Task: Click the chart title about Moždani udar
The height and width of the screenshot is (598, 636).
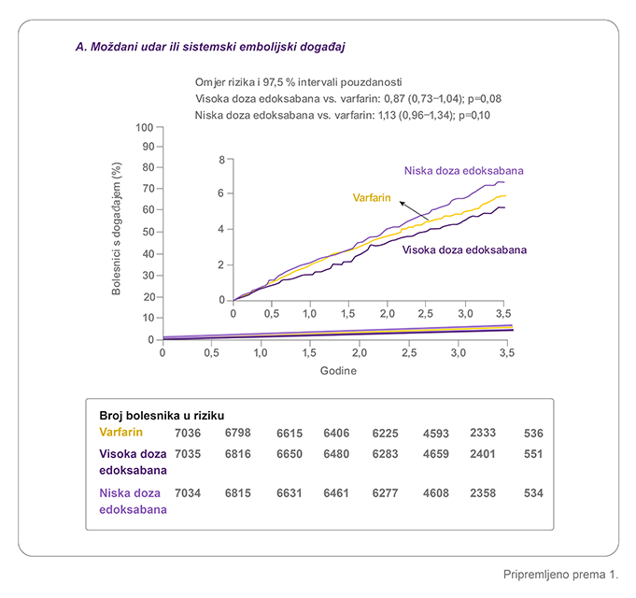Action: (x=210, y=47)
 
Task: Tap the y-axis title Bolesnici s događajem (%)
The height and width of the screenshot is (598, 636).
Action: (x=117, y=228)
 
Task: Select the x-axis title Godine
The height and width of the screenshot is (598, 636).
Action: (x=338, y=371)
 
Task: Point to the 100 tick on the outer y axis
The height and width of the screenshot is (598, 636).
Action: (x=145, y=127)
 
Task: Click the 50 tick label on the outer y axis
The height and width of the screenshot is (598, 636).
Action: (x=148, y=232)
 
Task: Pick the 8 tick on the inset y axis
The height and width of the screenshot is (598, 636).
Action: (x=222, y=160)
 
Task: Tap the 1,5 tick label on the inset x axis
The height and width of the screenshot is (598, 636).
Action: (x=347, y=314)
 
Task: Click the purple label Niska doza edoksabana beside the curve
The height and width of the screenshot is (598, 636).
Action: (x=463, y=170)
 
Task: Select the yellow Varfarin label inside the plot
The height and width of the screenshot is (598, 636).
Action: (x=372, y=198)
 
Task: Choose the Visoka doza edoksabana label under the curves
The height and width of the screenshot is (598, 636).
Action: (x=464, y=249)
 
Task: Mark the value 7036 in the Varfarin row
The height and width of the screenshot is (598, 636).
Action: (x=188, y=434)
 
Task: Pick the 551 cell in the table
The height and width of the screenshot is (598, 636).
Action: (x=533, y=454)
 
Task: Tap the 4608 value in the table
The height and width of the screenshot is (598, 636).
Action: (x=436, y=493)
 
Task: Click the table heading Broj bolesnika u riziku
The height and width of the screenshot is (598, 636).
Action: (x=162, y=416)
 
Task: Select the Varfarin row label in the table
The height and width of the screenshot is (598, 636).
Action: (x=120, y=433)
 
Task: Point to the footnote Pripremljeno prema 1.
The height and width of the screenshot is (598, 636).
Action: (x=560, y=575)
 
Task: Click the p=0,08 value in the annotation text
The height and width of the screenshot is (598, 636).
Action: (x=485, y=99)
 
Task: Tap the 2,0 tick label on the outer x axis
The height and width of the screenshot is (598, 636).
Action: (x=360, y=353)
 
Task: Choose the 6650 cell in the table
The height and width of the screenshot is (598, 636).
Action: (x=290, y=454)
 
